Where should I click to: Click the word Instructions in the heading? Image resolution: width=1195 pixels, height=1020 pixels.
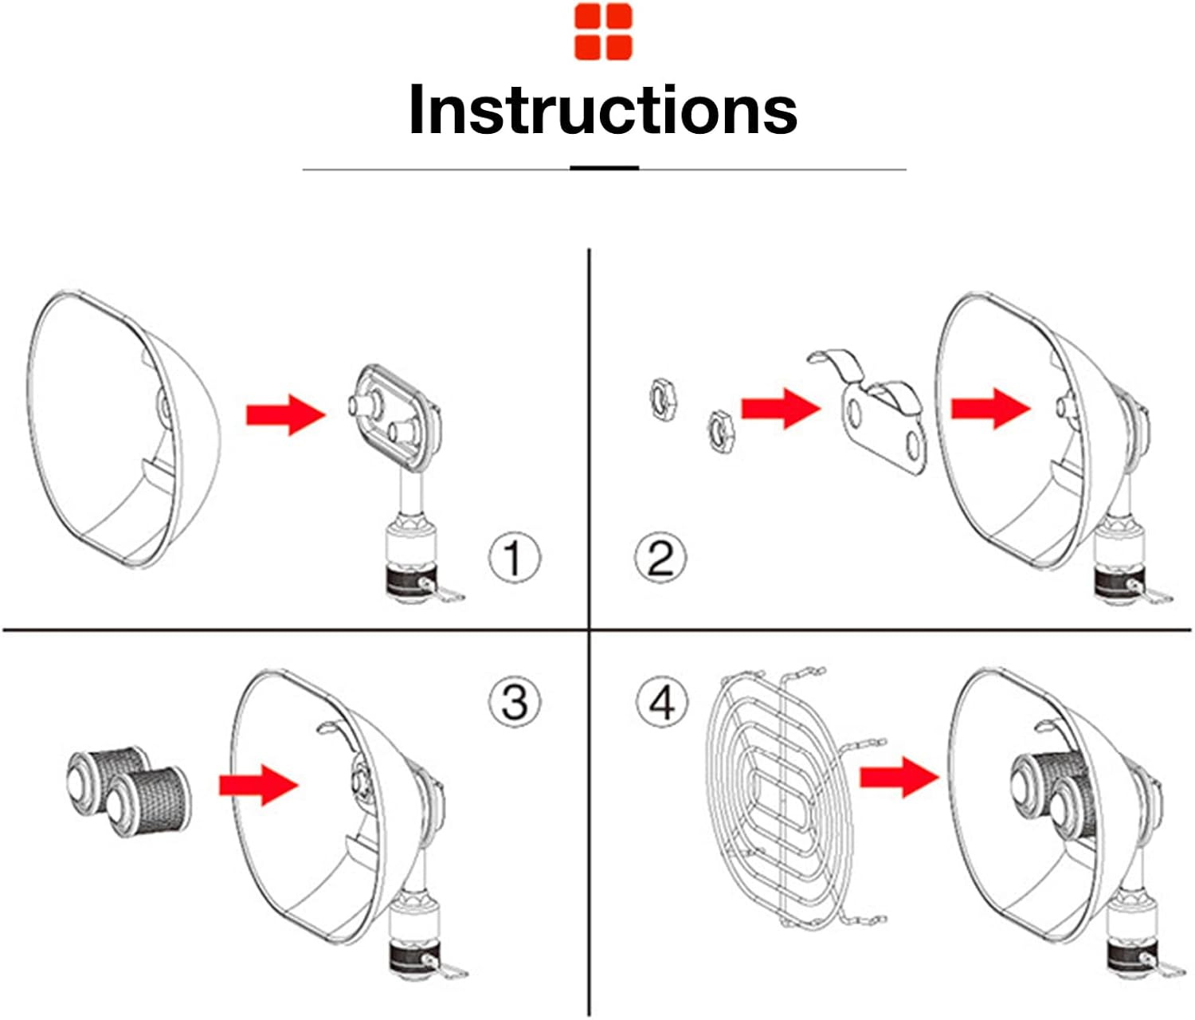click(x=603, y=109)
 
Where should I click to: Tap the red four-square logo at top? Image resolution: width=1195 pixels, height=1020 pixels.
click(x=603, y=32)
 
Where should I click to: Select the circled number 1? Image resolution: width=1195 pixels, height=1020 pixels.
click(x=515, y=558)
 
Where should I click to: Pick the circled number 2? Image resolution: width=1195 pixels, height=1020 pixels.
click(x=660, y=558)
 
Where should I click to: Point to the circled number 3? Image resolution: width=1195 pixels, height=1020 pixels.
click(x=515, y=702)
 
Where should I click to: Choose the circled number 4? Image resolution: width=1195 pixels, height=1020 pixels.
click(x=662, y=704)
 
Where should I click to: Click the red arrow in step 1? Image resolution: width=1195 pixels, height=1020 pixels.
click(x=285, y=414)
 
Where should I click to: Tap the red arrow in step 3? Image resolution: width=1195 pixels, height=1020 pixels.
click(x=258, y=785)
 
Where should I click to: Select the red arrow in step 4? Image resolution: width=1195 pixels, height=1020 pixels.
click(x=899, y=779)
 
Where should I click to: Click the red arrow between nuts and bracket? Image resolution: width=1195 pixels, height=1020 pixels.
click(x=781, y=409)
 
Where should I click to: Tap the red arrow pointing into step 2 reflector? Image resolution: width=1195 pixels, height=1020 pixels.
click(x=991, y=409)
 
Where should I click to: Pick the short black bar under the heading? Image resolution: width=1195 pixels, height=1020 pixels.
click(x=604, y=168)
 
